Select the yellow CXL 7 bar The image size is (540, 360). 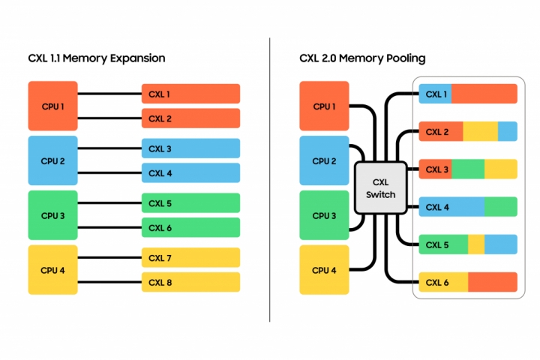point(190,258)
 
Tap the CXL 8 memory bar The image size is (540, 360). point(190,282)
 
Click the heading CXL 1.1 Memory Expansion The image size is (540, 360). point(97,58)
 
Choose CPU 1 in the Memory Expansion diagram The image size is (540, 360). point(52,106)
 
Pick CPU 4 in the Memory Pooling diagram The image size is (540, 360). point(323,270)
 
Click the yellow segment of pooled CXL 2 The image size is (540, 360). point(480,131)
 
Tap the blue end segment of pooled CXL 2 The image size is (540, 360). point(508,131)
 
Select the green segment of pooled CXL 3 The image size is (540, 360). point(468,169)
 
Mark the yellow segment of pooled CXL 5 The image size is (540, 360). point(476,244)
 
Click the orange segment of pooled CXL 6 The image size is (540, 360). point(493,282)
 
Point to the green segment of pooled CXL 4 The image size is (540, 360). point(501,206)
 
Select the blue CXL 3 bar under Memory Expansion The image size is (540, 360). point(190,148)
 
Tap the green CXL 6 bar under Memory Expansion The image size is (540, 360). point(190,227)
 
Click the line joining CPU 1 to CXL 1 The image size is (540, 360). point(109,94)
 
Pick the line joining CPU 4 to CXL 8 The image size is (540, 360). point(109,282)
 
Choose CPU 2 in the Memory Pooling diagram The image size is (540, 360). point(323,160)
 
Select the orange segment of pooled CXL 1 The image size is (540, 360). point(484,94)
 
